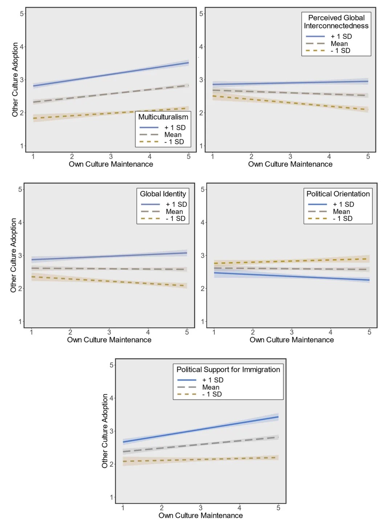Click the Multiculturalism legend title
pyautogui.click(x=163, y=117)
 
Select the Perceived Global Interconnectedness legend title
pyautogui.click(x=336, y=22)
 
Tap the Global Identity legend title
pyautogui.click(x=163, y=194)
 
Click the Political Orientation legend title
pyautogui.click(x=338, y=194)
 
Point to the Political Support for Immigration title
pyautogui.click(x=228, y=369)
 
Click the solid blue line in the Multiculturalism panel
pyautogui.click(x=111, y=74)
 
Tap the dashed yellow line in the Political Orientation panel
pyautogui.click(x=292, y=261)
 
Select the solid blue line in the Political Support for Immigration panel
pyautogui.click(x=200, y=429)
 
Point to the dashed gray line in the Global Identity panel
pyautogui.click(x=109, y=269)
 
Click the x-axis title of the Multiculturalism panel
pyautogui.click(x=111, y=164)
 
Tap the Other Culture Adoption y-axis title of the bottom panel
pyautogui.click(x=105, y=431)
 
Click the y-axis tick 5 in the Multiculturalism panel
pyautogui.click(x=22, y=14)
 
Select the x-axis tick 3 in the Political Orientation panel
pyautogui.click(x=292, y=332)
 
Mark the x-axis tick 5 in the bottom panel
pyautogui.click(x=278, y=508)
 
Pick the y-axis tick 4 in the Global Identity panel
pyautogui.click(x=20, y=222)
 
